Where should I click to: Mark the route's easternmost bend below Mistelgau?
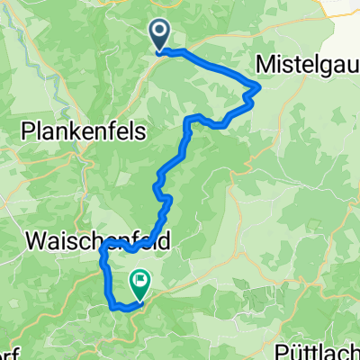coord(259,86)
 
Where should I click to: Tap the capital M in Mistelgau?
coord(267,65)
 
